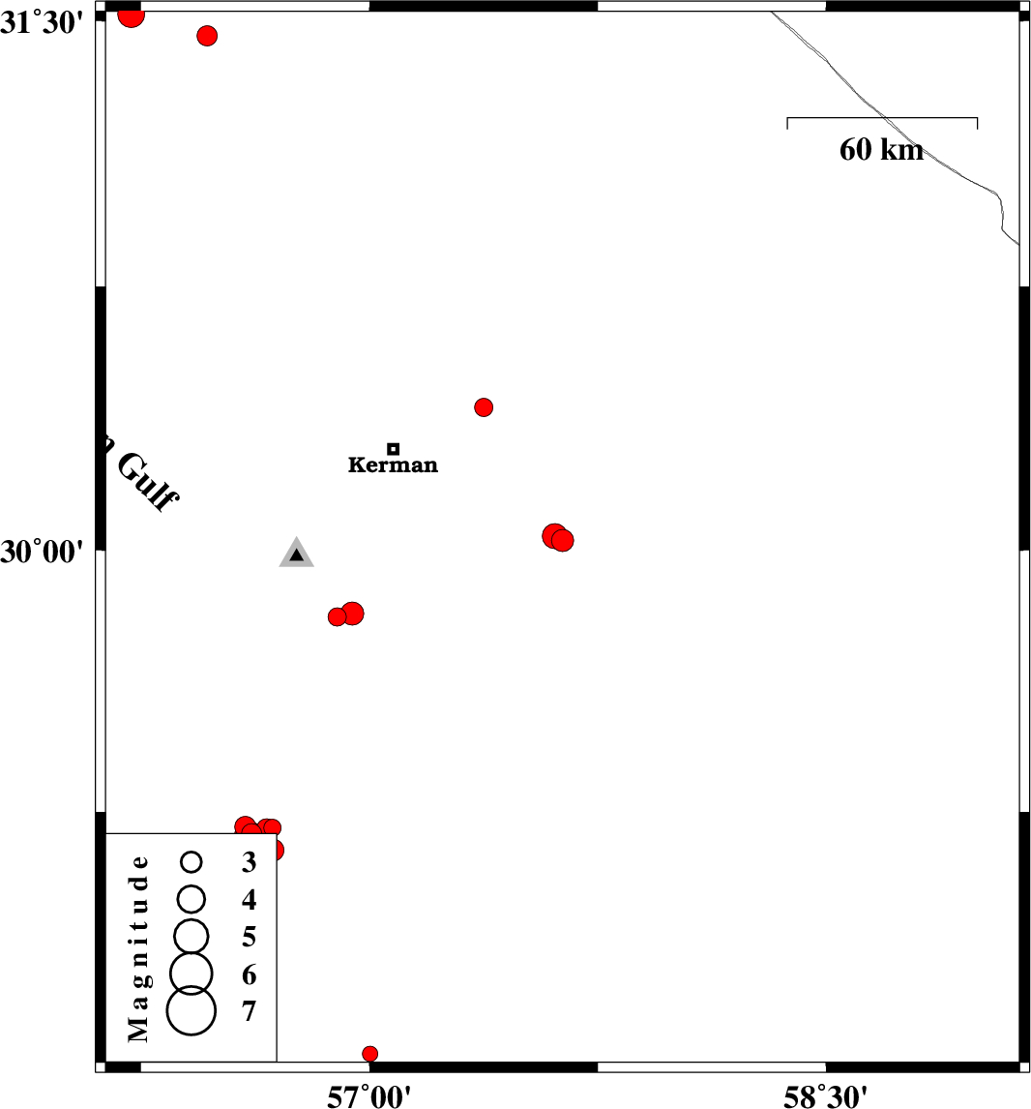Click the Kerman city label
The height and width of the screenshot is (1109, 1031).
pos(393,465)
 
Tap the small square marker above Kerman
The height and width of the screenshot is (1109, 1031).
pos(393,448)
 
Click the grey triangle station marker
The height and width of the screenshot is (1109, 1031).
pos(296,554)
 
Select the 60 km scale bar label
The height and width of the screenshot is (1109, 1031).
pos(881,150)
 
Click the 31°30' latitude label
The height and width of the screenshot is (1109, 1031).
pos(41,22)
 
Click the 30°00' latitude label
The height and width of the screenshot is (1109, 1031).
pos(41,552)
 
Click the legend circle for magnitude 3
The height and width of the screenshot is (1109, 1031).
pos(191,861)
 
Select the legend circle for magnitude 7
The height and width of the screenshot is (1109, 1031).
pos(191,1010)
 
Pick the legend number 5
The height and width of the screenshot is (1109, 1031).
pos(250,937)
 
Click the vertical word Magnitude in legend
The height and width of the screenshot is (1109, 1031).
pos(139,948)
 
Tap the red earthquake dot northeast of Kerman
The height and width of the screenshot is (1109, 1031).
pos(484,407)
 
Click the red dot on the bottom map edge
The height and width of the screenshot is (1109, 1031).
pos(369,1054)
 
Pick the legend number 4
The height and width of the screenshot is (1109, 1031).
pos(250,900)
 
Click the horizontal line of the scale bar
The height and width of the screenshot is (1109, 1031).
pos(882,118)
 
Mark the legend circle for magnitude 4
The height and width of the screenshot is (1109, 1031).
pos(191,898)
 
